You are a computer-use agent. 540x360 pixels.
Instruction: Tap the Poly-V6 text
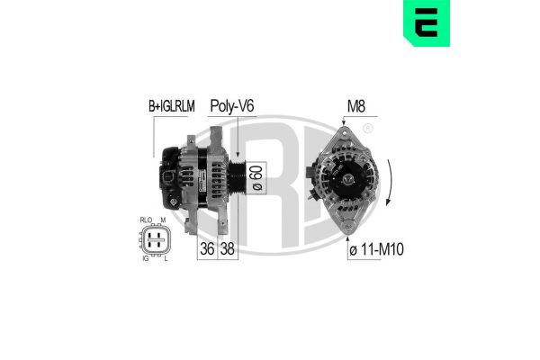tap(231, 106)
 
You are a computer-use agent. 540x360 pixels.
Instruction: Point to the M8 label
tap(356, 106)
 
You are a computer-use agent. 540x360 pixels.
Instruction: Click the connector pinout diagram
tap(155, 240)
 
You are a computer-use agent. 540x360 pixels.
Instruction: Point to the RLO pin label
tap(147, 220)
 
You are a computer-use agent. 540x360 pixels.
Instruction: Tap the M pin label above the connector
tap(163, 220)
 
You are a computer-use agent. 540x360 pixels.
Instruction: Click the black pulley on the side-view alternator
tap(235, 176)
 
